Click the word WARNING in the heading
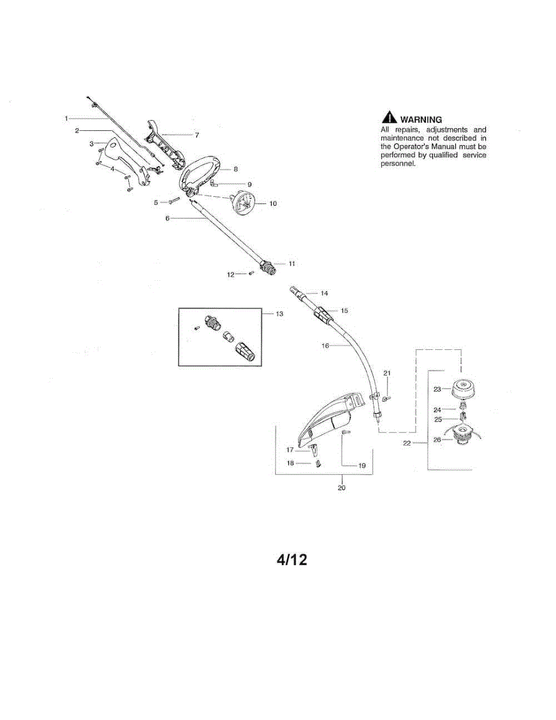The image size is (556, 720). (421, 119)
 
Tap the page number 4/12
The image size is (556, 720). (291, 560)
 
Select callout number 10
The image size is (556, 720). (273, 203)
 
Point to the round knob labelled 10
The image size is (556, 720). (244, 203)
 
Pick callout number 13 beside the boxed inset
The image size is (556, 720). (279, 313)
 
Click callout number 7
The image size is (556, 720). (197, 135)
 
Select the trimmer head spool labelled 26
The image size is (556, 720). (463, 437)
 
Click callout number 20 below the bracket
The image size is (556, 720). (341, 488)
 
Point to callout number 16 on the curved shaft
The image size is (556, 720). (325, 346)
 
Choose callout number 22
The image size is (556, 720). (407, 443)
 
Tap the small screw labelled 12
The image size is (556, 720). (251, 273)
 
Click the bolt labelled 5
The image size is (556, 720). (174, 200)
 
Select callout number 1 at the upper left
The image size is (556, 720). (66, 118)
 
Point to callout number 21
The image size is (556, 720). (387, 373)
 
